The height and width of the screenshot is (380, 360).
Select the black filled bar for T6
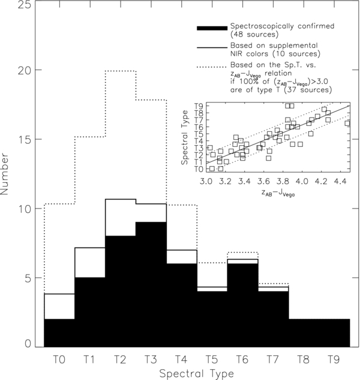[242, 306]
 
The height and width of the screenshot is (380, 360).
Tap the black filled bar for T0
[59, 333]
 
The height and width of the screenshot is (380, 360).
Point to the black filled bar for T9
[334, 333]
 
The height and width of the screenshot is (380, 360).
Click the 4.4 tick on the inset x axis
[339, 180]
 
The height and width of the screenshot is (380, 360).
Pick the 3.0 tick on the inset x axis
[206, 180]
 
